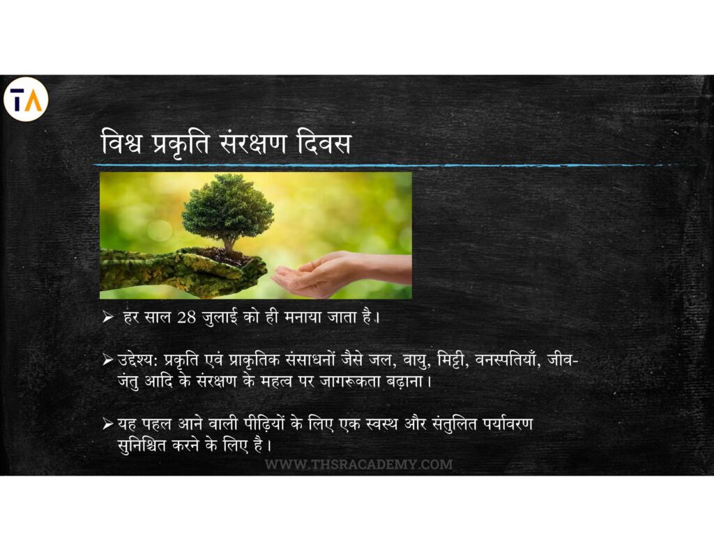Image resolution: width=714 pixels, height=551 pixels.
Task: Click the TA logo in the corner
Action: point(26,99)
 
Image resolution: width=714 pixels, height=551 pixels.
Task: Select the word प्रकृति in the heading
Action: point(181,143)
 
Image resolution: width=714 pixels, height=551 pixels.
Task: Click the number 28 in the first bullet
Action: point(186,317)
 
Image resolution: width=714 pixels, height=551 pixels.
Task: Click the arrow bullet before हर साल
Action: point(107,317)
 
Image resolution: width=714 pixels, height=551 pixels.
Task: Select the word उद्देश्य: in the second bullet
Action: point(138,360)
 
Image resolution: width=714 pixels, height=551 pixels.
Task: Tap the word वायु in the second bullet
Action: point(416,360)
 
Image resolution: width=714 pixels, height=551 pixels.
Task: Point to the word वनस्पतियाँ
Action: point(508,359)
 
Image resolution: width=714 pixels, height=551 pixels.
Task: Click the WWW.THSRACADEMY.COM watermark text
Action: point(359,465)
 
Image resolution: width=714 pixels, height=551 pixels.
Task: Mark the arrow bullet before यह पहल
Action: point(107,424)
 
